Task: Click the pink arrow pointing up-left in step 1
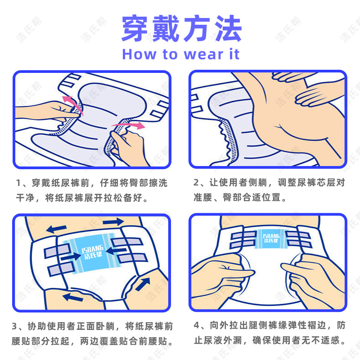[x=69, y=99]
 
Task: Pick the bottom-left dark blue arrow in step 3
[x=74, y=296]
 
